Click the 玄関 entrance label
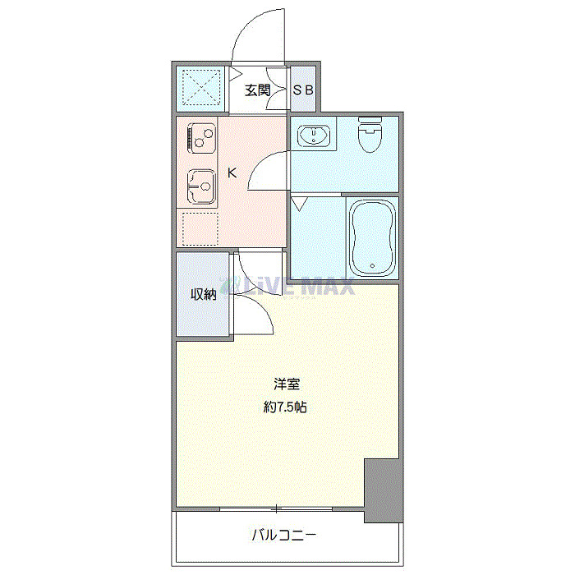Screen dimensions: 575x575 coord(257,90)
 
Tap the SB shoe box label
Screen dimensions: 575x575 coord(303,90)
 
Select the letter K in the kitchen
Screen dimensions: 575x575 coord(232,173)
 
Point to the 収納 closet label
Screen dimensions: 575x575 coord(204,294)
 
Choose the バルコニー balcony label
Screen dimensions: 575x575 coord(283,536)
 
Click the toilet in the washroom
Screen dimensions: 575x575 coord(371,135)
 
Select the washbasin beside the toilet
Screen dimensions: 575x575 coord(313,135)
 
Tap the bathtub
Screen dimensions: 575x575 coord(373,237)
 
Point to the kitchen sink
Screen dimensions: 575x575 coord(200,186)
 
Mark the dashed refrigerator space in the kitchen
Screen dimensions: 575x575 coord(200,228)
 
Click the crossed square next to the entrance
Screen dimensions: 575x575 coord(202,87)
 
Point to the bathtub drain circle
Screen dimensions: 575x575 coord(372,265)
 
